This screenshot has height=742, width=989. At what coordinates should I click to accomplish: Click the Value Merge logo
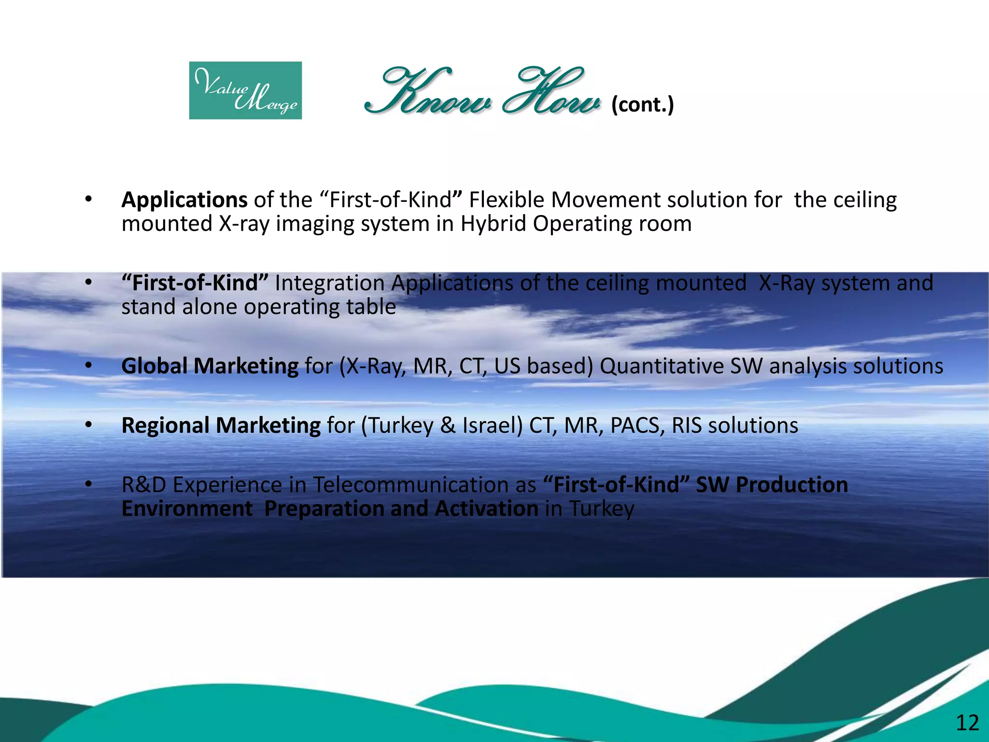(x=245, y=90)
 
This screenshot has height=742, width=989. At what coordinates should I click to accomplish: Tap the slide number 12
(x=967, y=723)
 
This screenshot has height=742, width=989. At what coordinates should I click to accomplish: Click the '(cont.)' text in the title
(x=642, y=104)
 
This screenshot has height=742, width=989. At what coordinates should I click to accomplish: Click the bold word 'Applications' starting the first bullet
(x=184, y=200)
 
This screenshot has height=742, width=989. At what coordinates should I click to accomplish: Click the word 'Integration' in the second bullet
(x=329, y=283)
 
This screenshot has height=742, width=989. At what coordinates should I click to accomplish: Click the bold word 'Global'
(x=155, y=366)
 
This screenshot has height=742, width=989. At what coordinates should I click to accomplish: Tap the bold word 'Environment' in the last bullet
(x=187, y=509)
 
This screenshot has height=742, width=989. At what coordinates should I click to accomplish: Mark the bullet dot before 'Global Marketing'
(x=88, y=366)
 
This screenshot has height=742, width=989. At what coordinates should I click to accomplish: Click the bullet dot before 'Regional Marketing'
(x=88, y=425)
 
